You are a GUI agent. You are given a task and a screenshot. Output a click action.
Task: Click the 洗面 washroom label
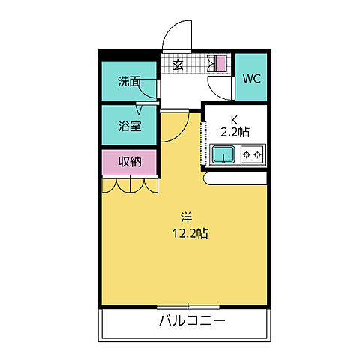129,82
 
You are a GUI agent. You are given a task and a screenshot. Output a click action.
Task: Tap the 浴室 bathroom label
129,126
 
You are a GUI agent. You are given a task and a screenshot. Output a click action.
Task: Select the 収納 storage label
129,161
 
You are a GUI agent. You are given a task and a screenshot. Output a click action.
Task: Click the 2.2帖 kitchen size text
234,132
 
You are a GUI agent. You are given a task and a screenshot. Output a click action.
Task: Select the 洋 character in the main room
184,217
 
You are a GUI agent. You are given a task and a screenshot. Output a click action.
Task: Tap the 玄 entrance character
178,65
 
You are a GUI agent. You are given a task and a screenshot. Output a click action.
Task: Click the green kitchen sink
223,155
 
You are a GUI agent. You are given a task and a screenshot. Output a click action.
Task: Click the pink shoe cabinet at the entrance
221,64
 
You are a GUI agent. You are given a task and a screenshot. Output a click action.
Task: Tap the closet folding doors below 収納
129,184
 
